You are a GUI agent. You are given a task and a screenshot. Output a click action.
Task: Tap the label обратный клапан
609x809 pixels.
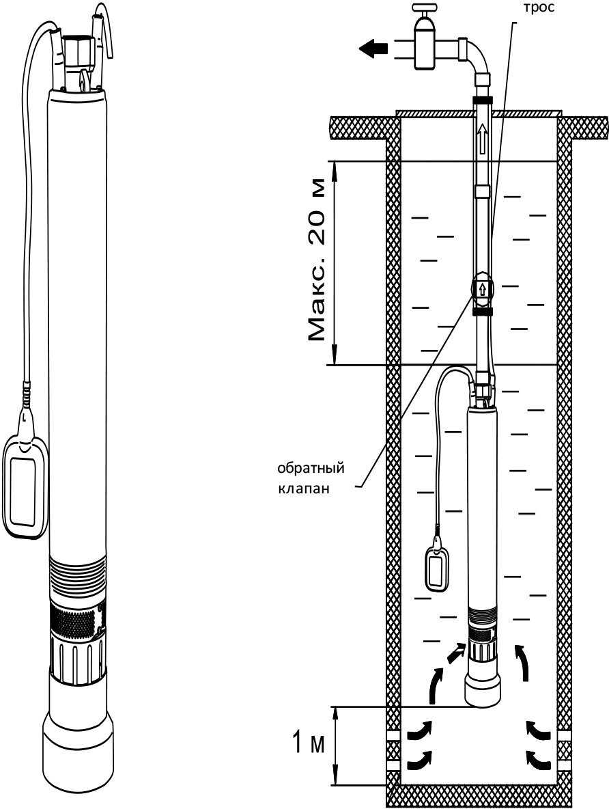(310, 478)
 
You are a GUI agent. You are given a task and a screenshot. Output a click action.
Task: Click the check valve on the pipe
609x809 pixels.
(482, 288)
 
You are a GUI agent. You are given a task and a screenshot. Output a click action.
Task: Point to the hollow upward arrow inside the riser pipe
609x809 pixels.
(482, 139)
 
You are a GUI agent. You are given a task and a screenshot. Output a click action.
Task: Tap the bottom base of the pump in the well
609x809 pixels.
(482, 689)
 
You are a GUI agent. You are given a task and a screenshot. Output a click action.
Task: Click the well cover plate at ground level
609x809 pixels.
(478, 112)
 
